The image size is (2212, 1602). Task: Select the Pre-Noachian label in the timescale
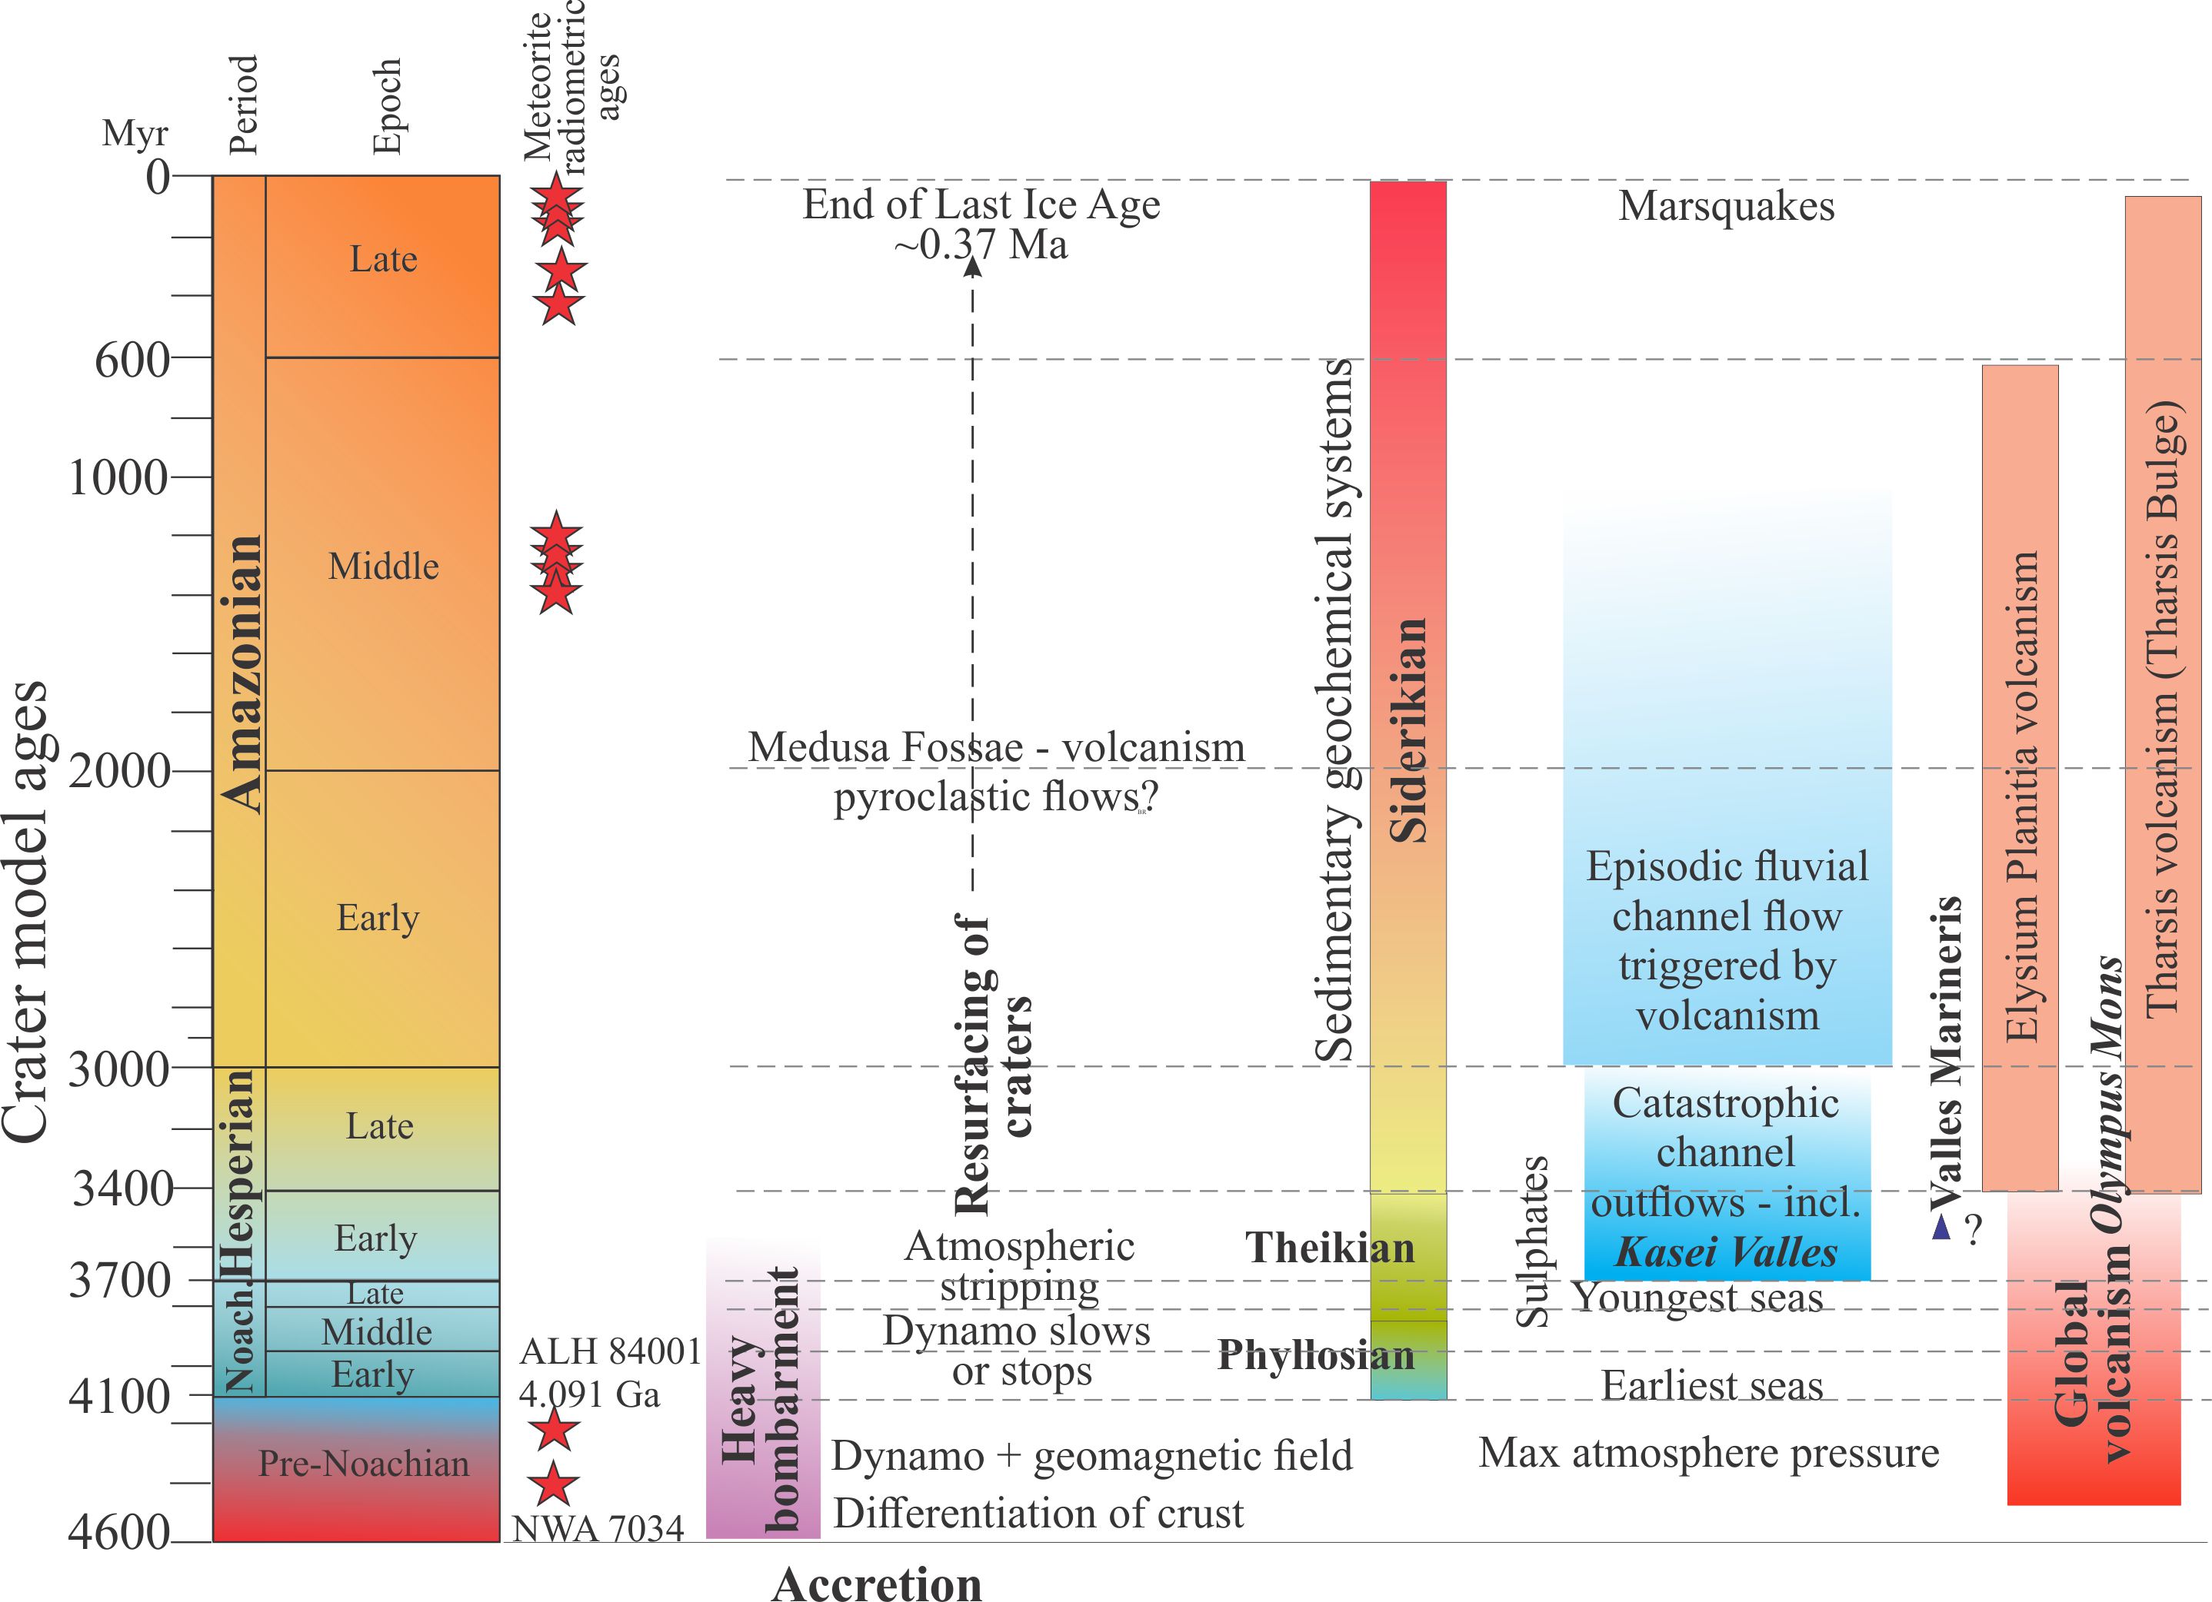tap(363, 1464)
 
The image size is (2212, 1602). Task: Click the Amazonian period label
tap(241, 673)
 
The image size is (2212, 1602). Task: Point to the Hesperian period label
tap(238, 1175)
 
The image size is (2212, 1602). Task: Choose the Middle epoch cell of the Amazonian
tap(383, 566)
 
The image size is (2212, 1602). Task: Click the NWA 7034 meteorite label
tap(598, 1528)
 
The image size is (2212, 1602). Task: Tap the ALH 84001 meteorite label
tap(611, 1351)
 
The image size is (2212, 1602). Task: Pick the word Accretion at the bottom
tap(877, 1584)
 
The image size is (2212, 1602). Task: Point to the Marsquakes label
tap(1726, 206)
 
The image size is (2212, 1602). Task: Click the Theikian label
tap(1329, 1248)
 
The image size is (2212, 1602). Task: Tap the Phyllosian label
tap(1316, 1355)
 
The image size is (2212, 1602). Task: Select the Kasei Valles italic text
tap(1726, 1253)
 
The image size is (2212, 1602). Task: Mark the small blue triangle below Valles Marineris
tap(1940, 1228)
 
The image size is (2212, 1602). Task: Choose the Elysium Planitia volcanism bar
tap(2020, 780)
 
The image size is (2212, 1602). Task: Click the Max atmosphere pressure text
tap(1709, 1453)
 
